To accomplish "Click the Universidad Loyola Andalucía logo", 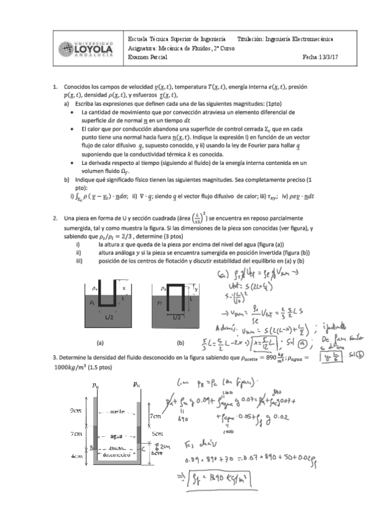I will click(x=85, y=47).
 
